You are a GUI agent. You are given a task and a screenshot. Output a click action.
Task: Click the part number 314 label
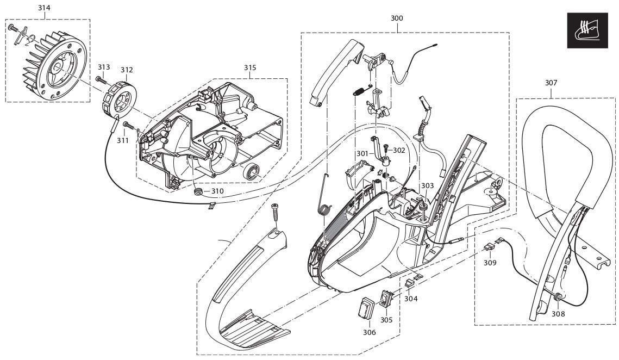(x=43, y=8)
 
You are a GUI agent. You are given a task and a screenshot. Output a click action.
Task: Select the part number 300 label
(x=397, y=18)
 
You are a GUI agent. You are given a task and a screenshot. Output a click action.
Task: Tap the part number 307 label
(x=551, y=83)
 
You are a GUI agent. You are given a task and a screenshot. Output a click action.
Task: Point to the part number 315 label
(x=250, y=67)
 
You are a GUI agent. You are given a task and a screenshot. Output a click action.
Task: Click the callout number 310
(x=217, y=191)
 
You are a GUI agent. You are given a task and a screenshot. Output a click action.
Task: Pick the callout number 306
(x=369, y=332)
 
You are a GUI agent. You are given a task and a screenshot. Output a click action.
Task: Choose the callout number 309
(x=490, y=263)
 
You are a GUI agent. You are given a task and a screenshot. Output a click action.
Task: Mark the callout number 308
(x=559, y=314)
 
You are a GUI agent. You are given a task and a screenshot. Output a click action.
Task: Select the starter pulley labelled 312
(x=118, y=98)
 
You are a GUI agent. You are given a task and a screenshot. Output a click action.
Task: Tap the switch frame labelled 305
(x=387, y=299)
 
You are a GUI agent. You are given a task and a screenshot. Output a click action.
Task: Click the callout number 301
(x=362, y=153)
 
